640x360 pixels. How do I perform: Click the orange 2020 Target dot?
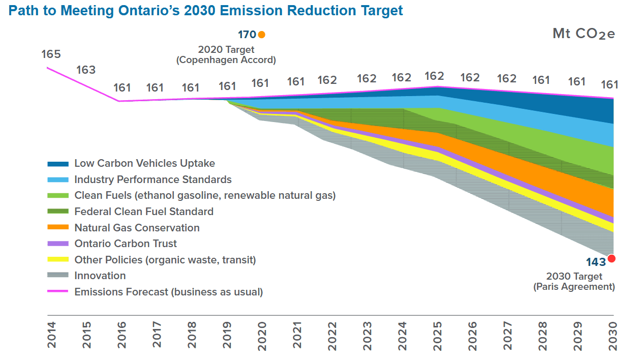[x=261, y=35]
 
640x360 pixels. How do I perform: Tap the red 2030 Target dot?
[x=612, y=258]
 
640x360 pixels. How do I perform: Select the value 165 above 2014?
[x=51, y=54]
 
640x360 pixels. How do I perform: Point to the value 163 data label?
[x=86, y=70]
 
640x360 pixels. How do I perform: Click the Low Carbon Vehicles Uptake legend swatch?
[x=58, y=164]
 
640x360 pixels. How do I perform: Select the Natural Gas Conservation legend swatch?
[x=58, y=228]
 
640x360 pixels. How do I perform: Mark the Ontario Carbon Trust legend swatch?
[x=58, y=244]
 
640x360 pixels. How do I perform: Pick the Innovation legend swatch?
[x=58, y=276]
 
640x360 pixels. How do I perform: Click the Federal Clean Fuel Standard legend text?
[x=144, y=212]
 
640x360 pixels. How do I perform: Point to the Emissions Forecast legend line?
[x=58, y=292]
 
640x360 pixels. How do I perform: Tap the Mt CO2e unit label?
[x=584, y=34]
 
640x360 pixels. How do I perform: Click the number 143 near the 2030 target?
[x=596, y=262]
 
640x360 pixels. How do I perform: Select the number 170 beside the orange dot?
[x=247, y=35]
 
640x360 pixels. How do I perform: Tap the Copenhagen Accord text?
[x=226, y=59]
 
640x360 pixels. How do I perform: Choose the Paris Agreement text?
[x=574, y=286]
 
